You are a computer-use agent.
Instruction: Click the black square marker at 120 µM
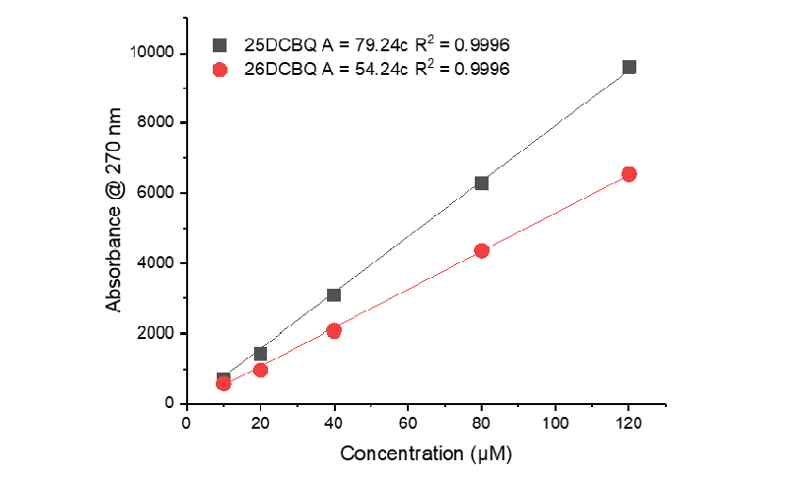629,67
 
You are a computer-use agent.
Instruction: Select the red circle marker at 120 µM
629,173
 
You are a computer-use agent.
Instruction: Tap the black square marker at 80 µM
482,183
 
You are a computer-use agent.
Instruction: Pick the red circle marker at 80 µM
482,250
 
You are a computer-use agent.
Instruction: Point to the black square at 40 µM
334,295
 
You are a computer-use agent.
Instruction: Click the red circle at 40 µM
334,331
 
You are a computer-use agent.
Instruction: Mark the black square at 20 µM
260,353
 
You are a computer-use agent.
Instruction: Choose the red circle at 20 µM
260,370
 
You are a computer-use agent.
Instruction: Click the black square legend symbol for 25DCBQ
221,45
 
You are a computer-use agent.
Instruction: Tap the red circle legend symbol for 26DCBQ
221,69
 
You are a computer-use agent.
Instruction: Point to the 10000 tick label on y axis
153,52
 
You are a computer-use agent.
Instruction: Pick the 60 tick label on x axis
408,423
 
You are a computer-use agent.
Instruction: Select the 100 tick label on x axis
556,423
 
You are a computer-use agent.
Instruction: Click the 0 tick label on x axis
187,423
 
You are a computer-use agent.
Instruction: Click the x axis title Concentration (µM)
427,454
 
